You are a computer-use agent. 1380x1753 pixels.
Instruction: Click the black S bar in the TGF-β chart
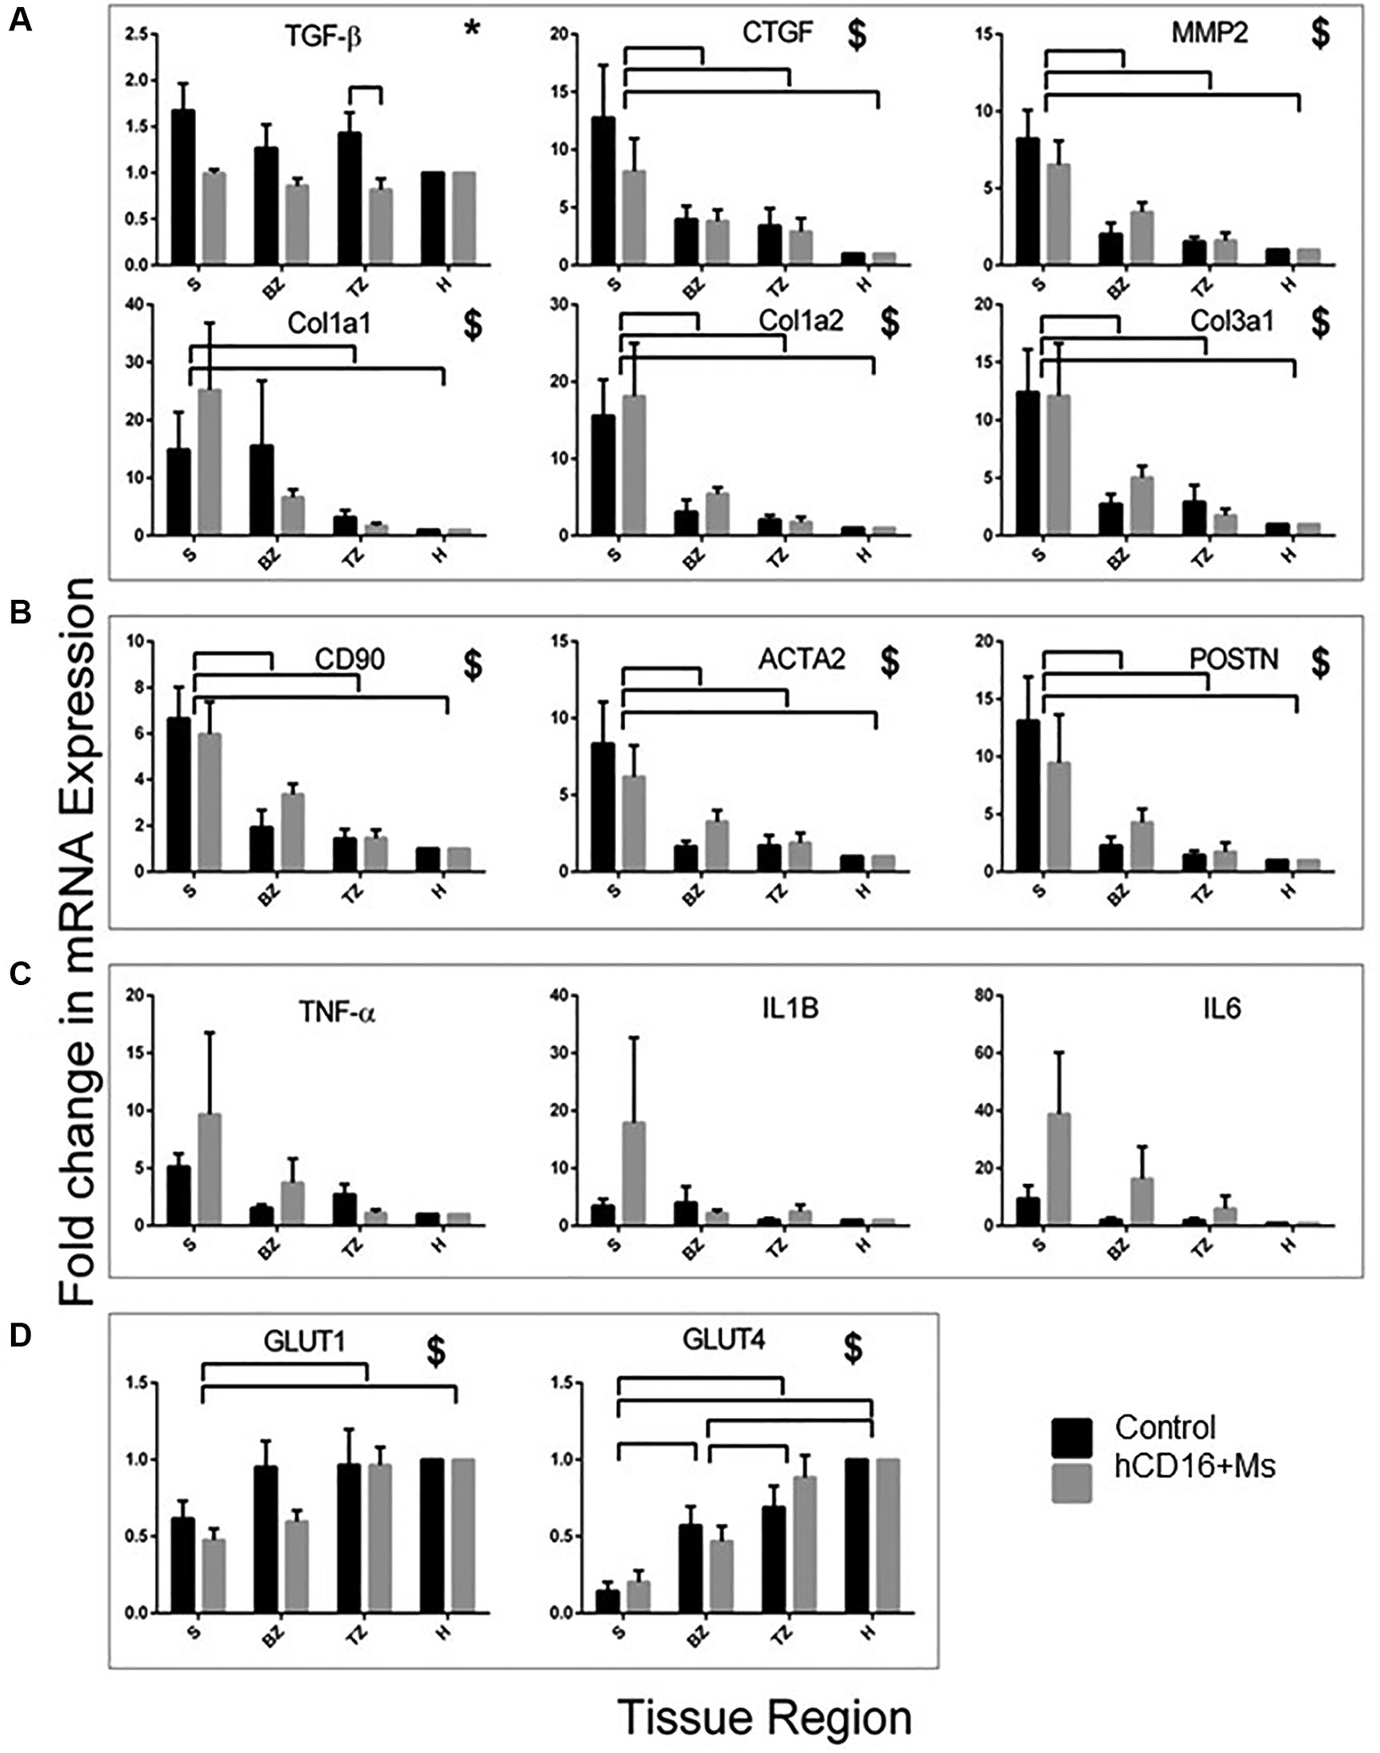point(182,186)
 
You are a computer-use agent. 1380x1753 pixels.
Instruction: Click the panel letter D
point(19,1335)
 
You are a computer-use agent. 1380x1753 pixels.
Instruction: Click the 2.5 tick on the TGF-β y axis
point(138,34)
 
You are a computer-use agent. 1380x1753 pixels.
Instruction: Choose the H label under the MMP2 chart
point(1289,283)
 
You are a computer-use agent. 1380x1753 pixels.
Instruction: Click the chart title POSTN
point(1234,660)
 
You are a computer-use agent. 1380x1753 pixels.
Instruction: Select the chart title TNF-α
point(337,1011)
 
